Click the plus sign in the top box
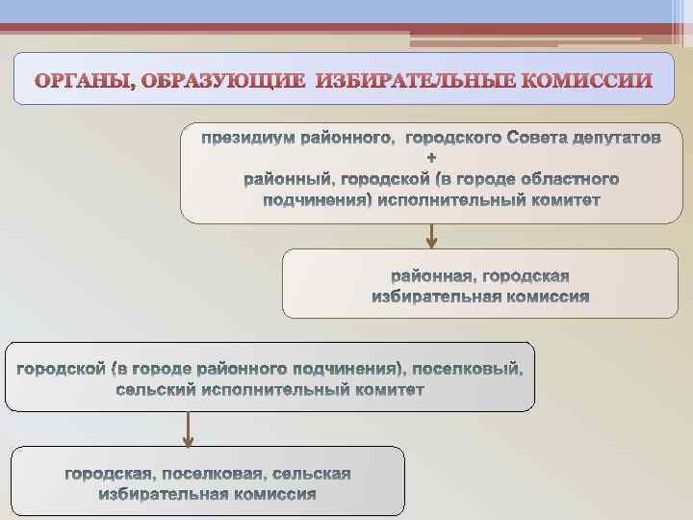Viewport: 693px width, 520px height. click(430, 158)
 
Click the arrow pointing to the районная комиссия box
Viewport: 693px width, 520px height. click(431, 236)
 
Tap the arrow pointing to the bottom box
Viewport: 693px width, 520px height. click(189, 429)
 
